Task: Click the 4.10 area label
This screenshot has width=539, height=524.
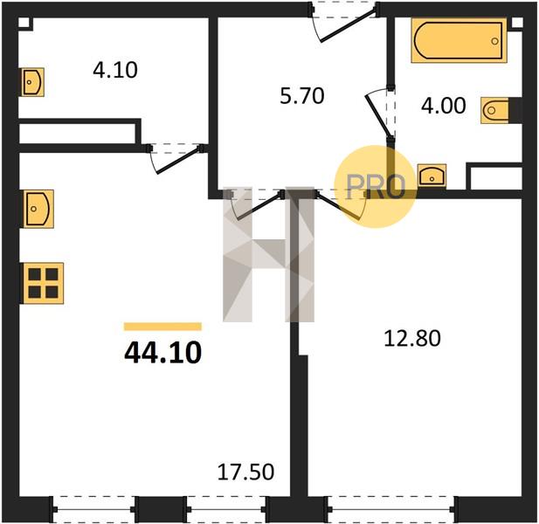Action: click(x=115, y=70)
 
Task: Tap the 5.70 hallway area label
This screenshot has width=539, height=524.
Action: click(x=301, y=96)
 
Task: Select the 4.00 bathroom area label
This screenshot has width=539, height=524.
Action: click(x=444, y=106)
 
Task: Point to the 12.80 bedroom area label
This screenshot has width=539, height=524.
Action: click(x=411, y=338)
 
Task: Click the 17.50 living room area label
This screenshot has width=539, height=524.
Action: click(x=245, y=472)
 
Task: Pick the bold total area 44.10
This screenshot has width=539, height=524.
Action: click(x=163, y=353)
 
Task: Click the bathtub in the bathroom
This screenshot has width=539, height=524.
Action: click(x=459, y=40)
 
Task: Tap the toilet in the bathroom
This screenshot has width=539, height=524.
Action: click(x=495, y=110)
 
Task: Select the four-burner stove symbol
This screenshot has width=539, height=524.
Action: click(x=44, y=283)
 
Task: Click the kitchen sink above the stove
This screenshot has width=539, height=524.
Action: click(x=38, y=209)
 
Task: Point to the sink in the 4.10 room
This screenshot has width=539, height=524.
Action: click(x=33, y=82)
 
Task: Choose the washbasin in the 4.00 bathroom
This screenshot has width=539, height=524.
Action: click(x=432, y=176)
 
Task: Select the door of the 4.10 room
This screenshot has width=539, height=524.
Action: click(x=176, y=159)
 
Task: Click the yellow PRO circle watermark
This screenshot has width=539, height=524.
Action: click(x=376, y=187)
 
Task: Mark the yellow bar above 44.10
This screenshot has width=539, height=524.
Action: click(x=162, y=327)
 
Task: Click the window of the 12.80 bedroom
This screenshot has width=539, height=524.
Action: click(x=391, y=509)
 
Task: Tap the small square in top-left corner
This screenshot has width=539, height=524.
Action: click(x=24, y=23)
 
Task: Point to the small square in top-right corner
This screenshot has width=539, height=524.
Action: click(x=517, y=23)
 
